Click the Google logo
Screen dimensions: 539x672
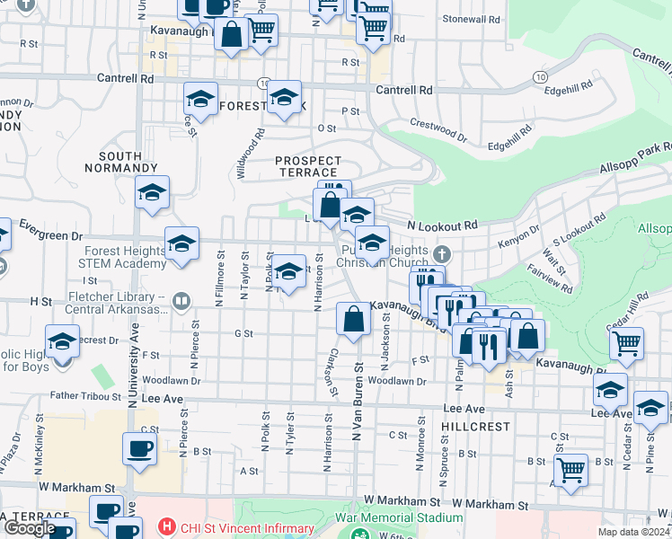pos(30,528)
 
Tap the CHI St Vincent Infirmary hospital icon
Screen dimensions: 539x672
pos(165,526)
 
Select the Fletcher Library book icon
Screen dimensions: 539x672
pos(181,301)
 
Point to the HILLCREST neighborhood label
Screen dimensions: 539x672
pos(476,427)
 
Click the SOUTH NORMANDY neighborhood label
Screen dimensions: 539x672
pos(121,162)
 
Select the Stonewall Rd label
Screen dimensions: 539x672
pos(470,19)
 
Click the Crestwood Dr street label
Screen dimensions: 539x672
pos(438,130)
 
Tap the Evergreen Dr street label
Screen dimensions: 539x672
pos(50,235)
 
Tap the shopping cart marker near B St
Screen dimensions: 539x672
pos(570,469)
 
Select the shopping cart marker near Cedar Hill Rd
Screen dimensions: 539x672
pos(626,342)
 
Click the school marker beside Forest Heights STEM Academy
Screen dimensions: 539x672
pos(182,243)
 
